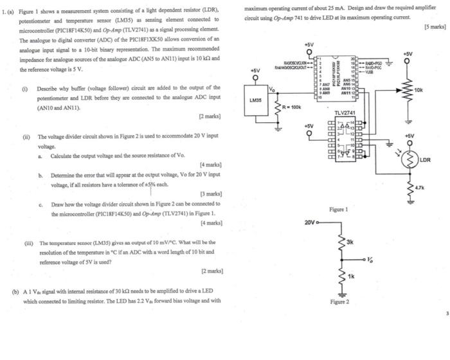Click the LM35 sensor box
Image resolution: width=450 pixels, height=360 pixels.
pyautogui.click(x=255, y=102)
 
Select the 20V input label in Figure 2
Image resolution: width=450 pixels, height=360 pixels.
pyautogui.click(x=310, y=222)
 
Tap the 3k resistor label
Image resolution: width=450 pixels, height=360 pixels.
pyautogui.click(x=350, y=242)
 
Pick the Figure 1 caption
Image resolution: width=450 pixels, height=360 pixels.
pyautogui.click(x=338, y=210)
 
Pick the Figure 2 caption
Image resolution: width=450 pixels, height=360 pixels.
pyautogui.click(x=339, y=301)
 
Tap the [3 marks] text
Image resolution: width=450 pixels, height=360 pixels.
pyautogui.click(x=212, y=194)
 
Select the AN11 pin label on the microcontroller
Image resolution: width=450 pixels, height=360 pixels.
pyautogui.click(x=347, y=93)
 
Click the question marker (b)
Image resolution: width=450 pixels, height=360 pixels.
pyautogui.click(x=15, y=291)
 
